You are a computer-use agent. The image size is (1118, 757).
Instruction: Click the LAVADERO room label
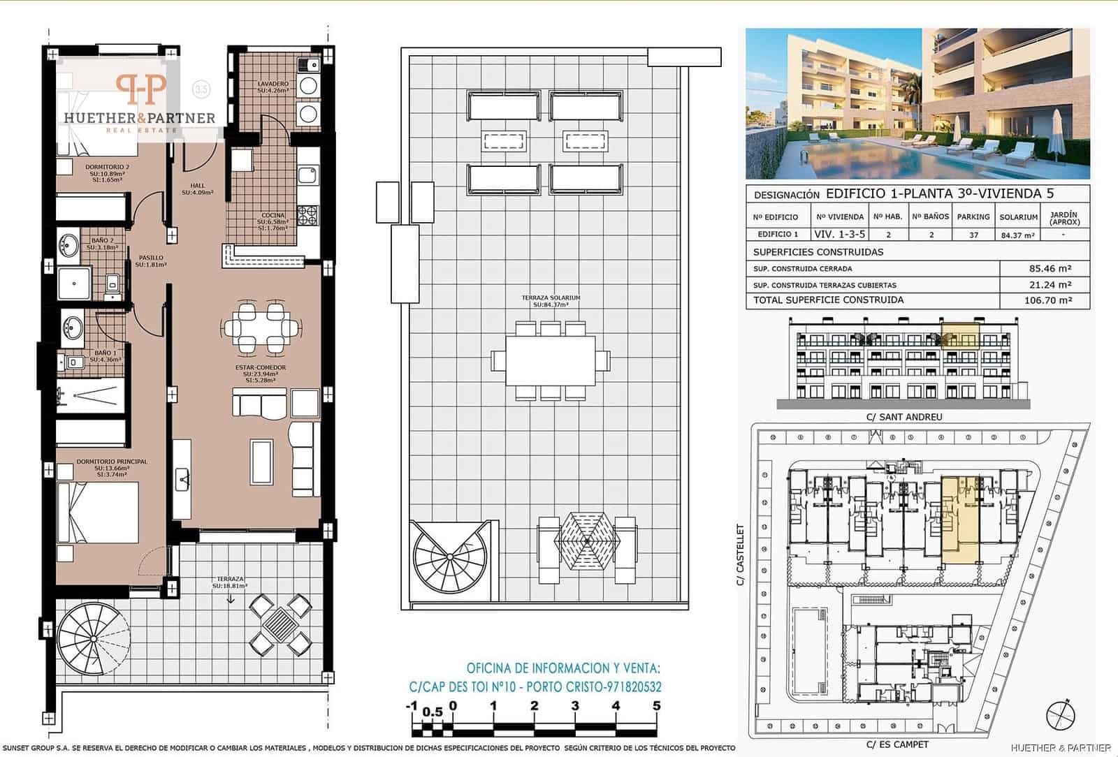pos(273,84)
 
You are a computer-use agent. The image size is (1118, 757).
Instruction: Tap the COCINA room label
pos(273,215)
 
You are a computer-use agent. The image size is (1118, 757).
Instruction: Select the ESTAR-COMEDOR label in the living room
pos(260,367)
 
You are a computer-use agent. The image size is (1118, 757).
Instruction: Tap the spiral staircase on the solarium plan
pos(451,559)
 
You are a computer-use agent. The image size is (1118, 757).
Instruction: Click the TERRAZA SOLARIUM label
pos(551,298)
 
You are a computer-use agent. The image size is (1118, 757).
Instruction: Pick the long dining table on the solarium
pos(551,360)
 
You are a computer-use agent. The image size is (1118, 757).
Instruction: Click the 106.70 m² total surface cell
pos(1045,301)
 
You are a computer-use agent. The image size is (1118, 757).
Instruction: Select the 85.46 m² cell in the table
pos(1045,268)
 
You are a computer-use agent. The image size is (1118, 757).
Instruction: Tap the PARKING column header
pos(973,217)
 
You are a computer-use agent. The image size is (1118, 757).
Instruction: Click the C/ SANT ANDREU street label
pos(904,417)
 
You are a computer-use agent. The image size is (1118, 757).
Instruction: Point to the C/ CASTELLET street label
pos(741,554)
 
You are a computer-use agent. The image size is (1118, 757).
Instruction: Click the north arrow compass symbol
pos(1061,714)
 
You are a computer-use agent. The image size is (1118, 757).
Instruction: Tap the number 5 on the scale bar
pos(656,706)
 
